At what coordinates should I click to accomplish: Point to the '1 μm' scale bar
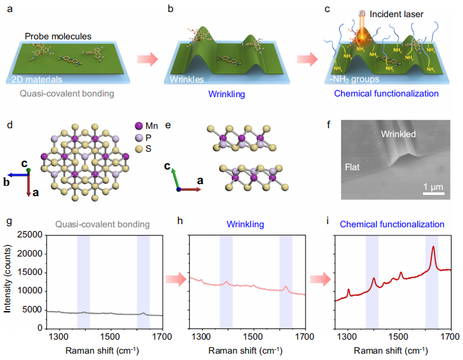[434, 190]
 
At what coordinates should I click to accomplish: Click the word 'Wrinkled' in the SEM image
[398, 135]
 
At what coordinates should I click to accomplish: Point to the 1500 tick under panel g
[111, 335]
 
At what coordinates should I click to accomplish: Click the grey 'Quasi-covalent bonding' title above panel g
[102, 225]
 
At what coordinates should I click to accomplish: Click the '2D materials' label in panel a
[37, 81]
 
